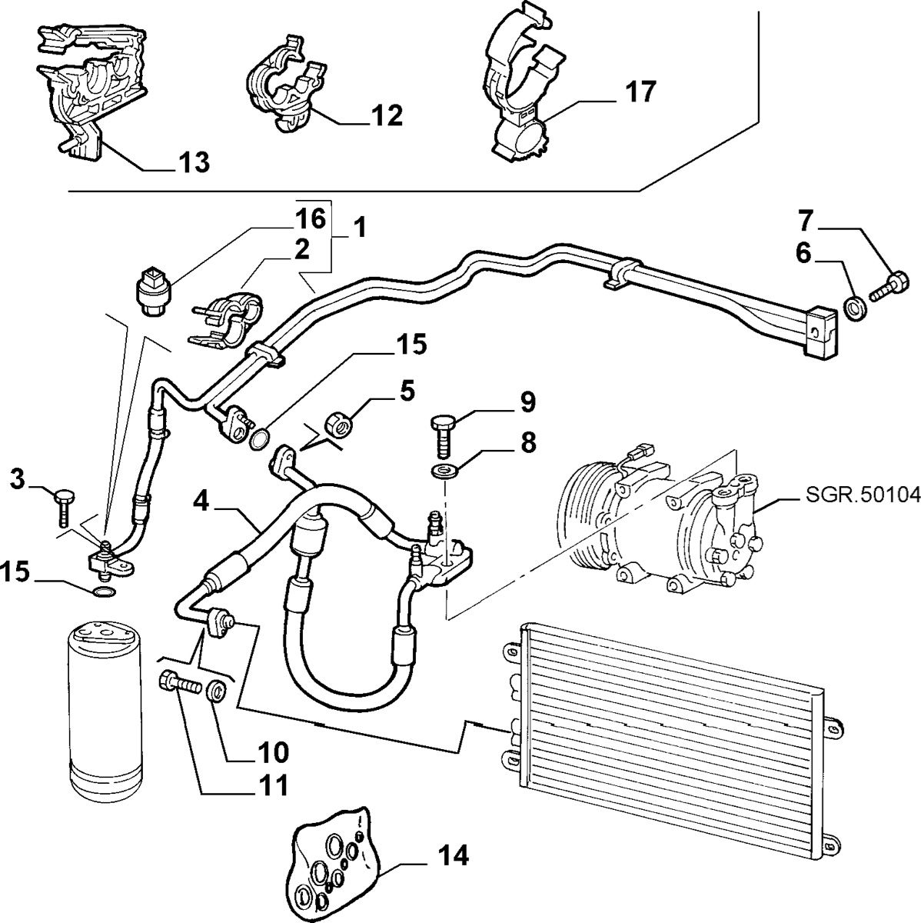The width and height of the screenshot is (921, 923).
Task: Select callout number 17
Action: (x=640, y=92)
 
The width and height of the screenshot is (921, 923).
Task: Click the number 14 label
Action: (x=454, y=855)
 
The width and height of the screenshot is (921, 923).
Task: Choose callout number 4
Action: (x=201, y=501)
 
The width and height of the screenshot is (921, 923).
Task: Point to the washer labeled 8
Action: (x=444, y=470)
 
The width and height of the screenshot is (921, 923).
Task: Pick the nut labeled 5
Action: (x=338, y=422)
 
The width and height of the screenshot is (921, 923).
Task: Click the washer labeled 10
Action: (x=218, y=688)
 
